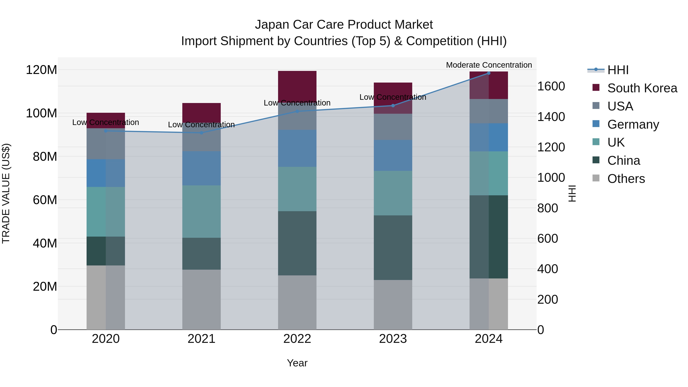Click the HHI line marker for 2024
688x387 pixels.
click(488, 73)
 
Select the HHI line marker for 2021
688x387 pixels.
click(201, 133)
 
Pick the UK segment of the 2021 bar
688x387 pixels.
click(201, 212)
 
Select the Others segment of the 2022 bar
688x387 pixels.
click(297, 302)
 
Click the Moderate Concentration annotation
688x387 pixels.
click(489, 65)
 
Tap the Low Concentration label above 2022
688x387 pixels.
click(297, 103)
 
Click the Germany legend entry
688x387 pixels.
click(633, 124)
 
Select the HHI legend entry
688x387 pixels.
click(618, 70)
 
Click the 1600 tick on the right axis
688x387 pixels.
click(551, 86)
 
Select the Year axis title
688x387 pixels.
click(297, 363)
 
